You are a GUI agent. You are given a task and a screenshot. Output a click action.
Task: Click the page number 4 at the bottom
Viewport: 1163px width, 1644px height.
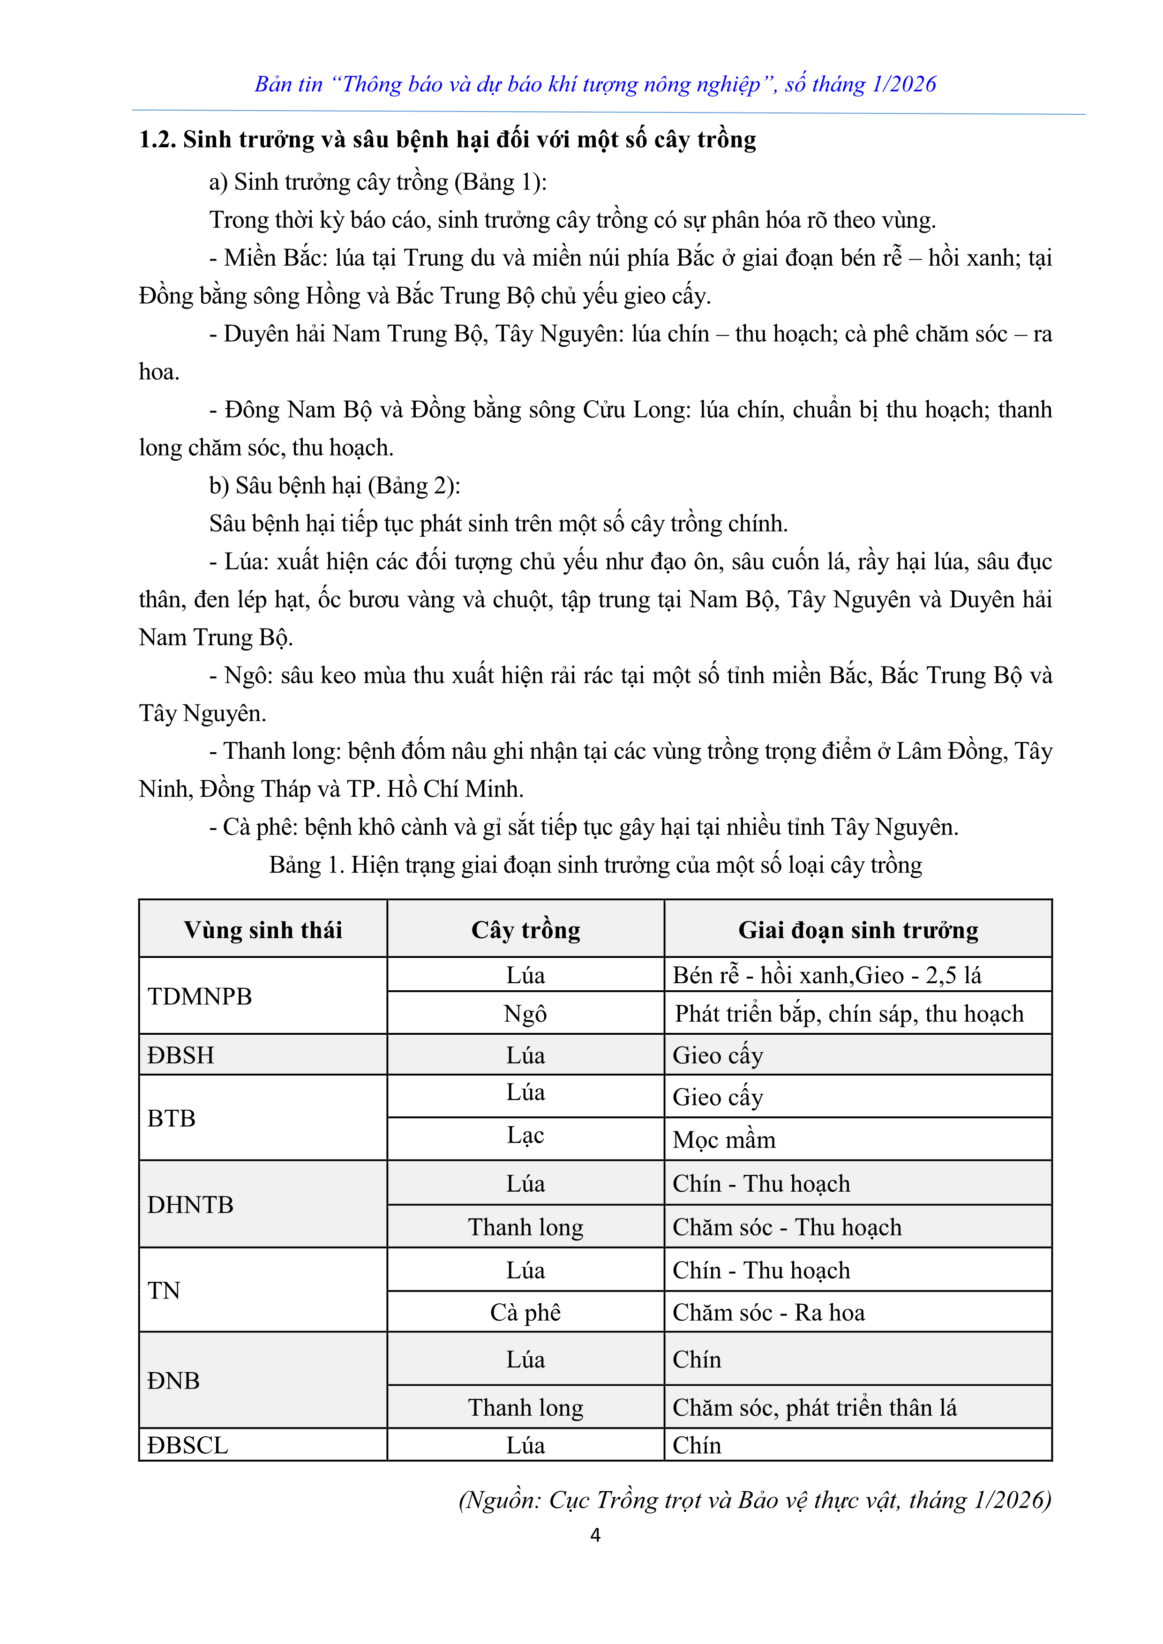pyautogui.click(x=595, y=1534)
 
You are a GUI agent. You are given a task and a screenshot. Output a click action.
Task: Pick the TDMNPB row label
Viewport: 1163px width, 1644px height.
pyautogui.click(x=200, y=996)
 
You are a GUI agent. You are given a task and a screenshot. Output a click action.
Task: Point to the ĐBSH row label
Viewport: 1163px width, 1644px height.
pyautogui.click(x=180, y=1055)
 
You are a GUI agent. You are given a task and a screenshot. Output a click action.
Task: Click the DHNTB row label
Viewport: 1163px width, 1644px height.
pyautogui.click(x=190, y=1205)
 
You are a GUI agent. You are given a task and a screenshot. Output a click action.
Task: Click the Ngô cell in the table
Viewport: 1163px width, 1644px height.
pyautogui.click(x=525, y=1014)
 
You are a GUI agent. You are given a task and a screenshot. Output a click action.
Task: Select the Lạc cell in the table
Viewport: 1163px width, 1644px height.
pyautogui.click(x=525, y=1136)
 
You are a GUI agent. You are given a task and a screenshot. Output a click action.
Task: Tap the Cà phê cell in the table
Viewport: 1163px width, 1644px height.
pyautogui.click(x=525, y=1313)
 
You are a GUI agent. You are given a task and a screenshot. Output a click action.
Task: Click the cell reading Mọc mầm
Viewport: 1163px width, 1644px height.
pyautogui.click(x=724, y=1140)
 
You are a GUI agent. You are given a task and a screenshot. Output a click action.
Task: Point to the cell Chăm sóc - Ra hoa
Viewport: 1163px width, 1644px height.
pyautogui.click(x=768, y=1313)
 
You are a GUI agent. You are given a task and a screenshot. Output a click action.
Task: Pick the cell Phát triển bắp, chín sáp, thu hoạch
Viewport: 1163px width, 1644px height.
pyautogui.click(x=849, y=1014)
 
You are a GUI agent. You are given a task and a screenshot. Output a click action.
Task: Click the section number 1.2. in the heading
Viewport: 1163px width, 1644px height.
pyautogui.click(x=157, y=140)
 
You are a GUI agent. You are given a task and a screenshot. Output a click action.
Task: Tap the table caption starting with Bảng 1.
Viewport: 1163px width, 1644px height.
pyautogui.click(x=595, y=865)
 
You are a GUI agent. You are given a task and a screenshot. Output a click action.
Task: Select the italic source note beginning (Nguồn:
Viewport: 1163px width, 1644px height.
pyautogui.click(x=755, y=1499)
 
